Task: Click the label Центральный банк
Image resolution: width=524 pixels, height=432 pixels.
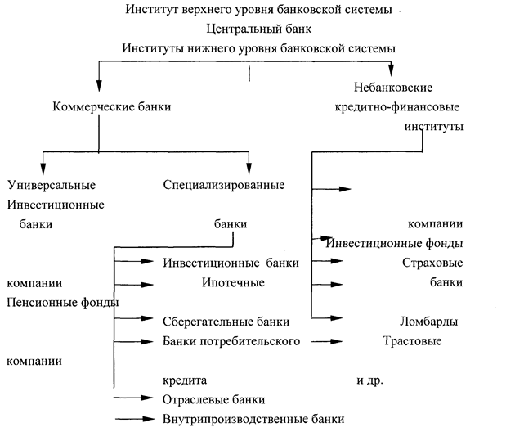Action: pyautogui.click(x=260, y=29)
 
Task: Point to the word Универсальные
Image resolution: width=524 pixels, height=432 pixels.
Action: pyautogui.click(x=51, y=184)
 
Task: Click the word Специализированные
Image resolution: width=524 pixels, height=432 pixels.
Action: pyautogui.click(x=223, y=184)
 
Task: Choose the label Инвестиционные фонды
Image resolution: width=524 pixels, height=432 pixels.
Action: pyautogui.click(x=396, y=243)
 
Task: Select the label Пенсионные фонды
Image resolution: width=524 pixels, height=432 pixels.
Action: pyautogui.click(x=62, y=302)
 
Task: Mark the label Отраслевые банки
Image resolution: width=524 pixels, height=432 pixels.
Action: pyautogui.click(x=214, y=400)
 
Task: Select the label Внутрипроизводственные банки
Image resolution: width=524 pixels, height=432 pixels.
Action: pyautogui.click(x=253, y=419)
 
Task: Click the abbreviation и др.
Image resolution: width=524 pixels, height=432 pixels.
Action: pyautogui.click(x=369, y=380)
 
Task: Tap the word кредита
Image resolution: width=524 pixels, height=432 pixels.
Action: pyautogui.click(x=186, y=380)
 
